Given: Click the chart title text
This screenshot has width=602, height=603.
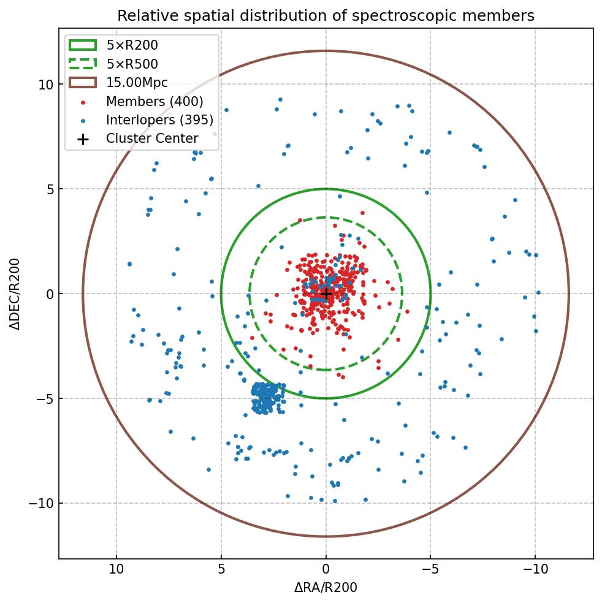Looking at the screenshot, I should coord(326,15).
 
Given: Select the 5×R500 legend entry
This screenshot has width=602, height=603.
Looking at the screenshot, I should coord(132,64).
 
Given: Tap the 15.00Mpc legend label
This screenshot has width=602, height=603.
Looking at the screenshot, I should coord(137,83).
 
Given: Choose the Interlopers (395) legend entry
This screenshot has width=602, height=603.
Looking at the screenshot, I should coord(159,120).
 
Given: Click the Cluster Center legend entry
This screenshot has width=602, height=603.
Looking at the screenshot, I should coord(152,138).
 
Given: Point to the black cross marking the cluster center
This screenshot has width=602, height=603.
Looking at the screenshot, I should coord(326,294).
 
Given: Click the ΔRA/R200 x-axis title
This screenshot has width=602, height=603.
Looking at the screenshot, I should coord(326,588).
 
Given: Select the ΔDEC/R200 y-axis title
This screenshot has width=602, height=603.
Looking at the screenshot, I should coord(15,294).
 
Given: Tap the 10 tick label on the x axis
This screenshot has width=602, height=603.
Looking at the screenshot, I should coord(116,569).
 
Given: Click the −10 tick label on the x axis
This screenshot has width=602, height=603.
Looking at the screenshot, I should coord(535,569).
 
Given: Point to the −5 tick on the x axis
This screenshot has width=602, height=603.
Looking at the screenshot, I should coord(430,569).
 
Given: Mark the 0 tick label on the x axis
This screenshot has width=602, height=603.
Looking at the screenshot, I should coord(326,569).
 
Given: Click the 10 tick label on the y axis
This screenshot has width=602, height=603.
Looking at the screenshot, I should coord(47,85).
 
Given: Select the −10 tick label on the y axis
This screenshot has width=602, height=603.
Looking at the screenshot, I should coord(42,504).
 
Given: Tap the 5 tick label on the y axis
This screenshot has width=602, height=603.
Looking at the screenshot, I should coord(50,189).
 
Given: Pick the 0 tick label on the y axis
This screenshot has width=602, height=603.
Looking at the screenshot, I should coord(50,294).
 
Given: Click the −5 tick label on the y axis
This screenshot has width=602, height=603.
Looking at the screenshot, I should coord(45,399).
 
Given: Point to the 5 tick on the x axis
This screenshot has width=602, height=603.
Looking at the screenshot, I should coord(221,569).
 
